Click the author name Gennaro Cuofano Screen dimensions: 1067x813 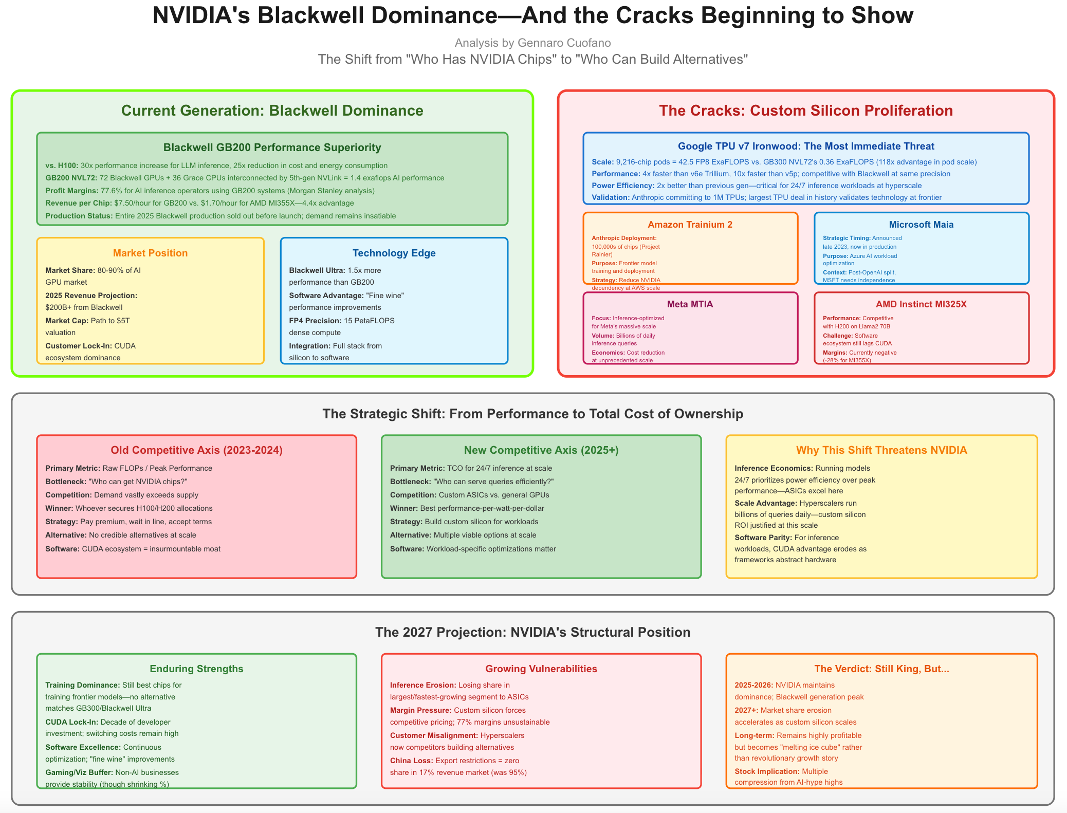pos(564,43)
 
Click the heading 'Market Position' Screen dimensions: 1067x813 pos(150,253)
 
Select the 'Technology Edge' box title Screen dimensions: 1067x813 pos(394,253)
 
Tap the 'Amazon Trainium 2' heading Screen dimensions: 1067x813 pos(690,225)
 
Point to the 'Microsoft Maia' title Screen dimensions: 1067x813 pos(921,225)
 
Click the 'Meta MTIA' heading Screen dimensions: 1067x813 pos(690,304)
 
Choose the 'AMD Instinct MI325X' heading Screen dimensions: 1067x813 pos(921,304)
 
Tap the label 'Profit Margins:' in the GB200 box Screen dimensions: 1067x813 pos(72,191)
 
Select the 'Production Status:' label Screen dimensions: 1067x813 pos(79,216)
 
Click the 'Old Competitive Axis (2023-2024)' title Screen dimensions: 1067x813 pos(196,450)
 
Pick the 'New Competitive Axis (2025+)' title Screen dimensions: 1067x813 pos(541,450)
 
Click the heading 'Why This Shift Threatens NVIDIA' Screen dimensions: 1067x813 pos(881,450)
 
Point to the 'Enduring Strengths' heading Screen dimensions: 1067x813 pos(196,669)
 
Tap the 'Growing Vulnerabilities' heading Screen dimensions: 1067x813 pos(541,669)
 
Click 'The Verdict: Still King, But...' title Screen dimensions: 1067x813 pos(881,669)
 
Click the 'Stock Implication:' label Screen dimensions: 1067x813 pos(767,771)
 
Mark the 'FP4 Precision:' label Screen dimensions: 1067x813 pos(315,321)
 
